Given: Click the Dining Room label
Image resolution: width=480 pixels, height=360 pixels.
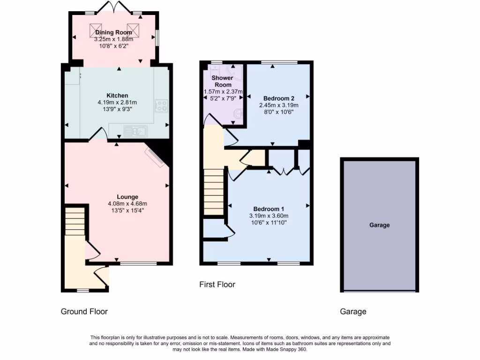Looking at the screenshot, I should (113, 32).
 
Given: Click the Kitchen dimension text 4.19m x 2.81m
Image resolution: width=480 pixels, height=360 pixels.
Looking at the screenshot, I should (117, 102).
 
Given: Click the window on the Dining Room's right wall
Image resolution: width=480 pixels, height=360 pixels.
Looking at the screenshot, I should (157, 37).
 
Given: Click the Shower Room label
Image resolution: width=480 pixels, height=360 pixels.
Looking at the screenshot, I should (222, 81).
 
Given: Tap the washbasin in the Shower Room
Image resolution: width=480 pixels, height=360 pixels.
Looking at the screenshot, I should (239, 113).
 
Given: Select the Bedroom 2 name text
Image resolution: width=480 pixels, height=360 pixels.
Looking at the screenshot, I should (278, 98).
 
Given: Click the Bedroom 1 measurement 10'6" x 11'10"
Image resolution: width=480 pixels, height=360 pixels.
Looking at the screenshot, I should (269, 223).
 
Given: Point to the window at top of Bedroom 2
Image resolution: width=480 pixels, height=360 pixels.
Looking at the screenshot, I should (278, 62).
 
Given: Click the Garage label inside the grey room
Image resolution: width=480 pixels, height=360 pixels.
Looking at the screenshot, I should (379, 225).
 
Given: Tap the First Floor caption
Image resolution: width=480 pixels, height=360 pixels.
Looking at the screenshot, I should (217, 285).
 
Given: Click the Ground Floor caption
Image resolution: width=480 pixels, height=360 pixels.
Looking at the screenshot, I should (84, 312).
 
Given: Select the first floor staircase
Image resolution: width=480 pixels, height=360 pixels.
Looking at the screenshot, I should (213, 192).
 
